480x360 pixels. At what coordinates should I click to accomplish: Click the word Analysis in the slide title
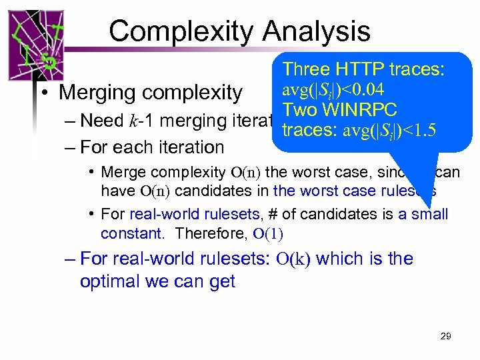[317, 31]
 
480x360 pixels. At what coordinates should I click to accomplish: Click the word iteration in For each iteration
[190, 147]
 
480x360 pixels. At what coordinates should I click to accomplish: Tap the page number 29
[445, 336]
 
